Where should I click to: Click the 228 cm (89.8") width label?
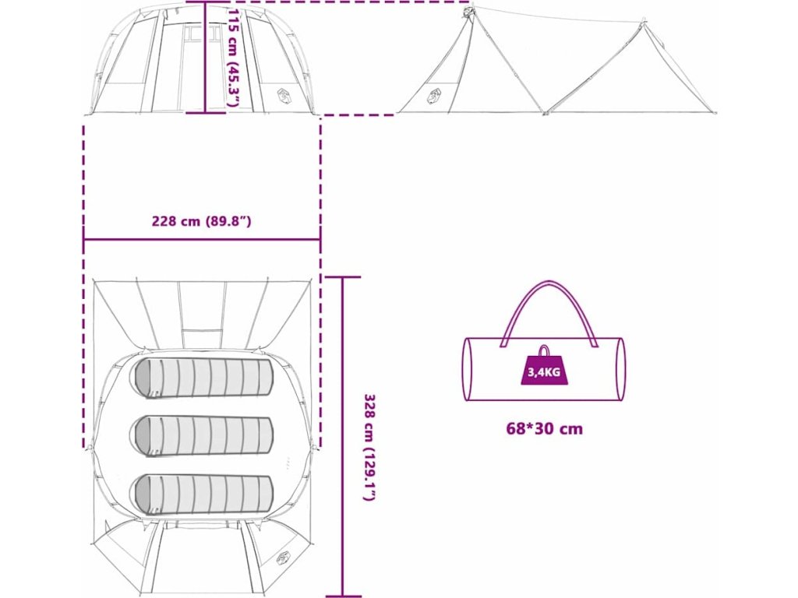201,221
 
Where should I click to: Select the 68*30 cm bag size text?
544,428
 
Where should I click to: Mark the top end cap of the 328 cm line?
342,277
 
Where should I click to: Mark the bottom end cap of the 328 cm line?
342,596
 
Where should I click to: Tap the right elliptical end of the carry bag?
620,369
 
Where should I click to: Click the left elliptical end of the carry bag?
468,369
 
